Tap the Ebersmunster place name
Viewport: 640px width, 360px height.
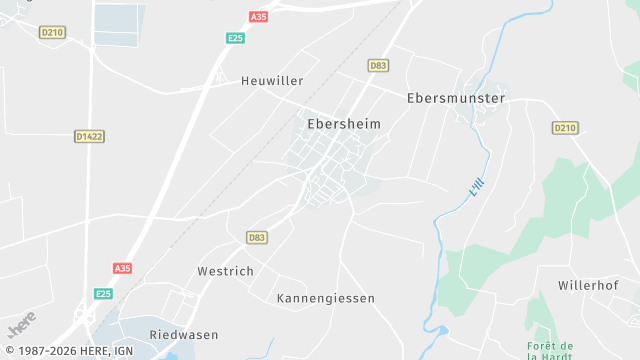[x=456, y=98]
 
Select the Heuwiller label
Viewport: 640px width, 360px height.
[x=272, y=80]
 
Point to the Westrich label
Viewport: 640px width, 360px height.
[x=225, y=270]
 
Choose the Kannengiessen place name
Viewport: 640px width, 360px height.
[x=325, y=298]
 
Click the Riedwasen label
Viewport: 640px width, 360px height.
[x=183, y=334]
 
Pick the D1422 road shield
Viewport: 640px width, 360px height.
[x=89, y=136]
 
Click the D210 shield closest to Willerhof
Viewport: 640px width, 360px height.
[x=565, y=127]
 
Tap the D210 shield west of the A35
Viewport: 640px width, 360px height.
[x=52, y=32]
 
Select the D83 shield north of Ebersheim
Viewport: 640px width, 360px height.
[x=378, y=65]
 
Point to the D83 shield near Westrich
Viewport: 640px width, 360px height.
[x=257, y=237]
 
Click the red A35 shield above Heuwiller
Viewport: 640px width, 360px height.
[x=259, y=17]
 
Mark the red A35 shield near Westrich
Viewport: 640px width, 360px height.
[x=122, y=268]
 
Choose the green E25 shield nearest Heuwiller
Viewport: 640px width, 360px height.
[x=235, y=38]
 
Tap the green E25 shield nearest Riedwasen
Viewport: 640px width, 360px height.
[x=104, y=293]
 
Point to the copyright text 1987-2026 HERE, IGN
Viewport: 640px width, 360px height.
[x=67, y=351]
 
